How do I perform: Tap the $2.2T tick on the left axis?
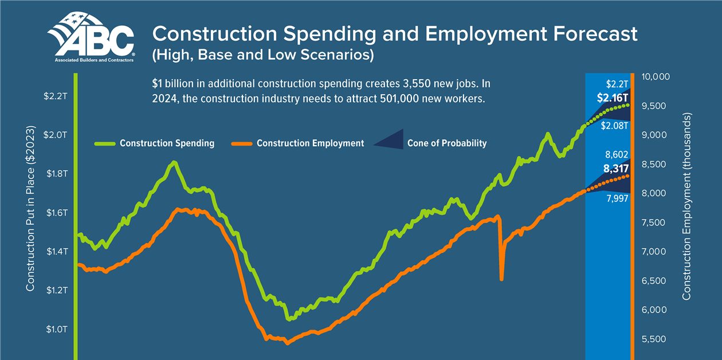56,96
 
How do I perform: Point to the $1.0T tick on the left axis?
56,330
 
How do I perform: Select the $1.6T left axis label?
56,213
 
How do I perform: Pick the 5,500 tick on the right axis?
655,339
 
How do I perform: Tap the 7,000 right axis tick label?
655,252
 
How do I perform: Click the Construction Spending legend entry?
167,143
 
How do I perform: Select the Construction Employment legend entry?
310,143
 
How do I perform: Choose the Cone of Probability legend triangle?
390,140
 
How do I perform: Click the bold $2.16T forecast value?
612,98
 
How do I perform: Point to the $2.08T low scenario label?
615,126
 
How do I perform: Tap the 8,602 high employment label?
617,155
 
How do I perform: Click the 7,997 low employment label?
617,199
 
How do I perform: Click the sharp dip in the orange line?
501,277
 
